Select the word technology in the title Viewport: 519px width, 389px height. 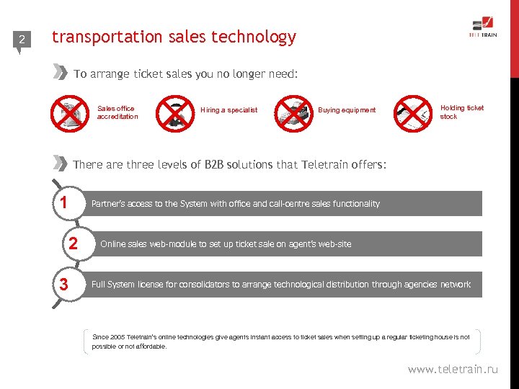click(255, 37)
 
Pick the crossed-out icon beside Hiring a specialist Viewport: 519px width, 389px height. click(176, 112)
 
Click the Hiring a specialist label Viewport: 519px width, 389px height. click(229, 110)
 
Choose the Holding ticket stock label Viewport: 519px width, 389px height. click(461, 112)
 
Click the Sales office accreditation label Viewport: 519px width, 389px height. click(117, 112)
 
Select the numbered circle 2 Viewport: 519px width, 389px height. click(73, 244)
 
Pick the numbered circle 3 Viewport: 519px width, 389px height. click(64, 285)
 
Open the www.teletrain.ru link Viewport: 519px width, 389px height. click(452, 370)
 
